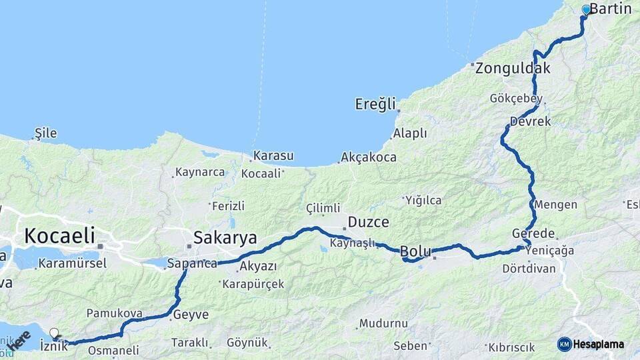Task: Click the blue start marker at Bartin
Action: [586, 9]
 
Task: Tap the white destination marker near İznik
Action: [54, 332]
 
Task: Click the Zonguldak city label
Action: [513, 68]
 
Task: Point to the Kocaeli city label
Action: [59, 235]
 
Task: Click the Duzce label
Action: [366, 223]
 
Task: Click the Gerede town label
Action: [533, 234]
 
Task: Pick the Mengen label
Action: [556, 205]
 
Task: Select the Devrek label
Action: [531, 122]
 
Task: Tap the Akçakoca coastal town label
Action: [368, 158]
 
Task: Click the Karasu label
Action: [273, 156]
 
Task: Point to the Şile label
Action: [45, 133]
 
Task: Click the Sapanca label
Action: [192, 263]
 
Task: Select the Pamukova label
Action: [110, 313]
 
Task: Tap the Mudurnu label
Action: [383, 324]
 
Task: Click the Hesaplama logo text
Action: [598, 345]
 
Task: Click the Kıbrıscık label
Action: [511, 348]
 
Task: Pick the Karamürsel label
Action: [72, 263]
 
